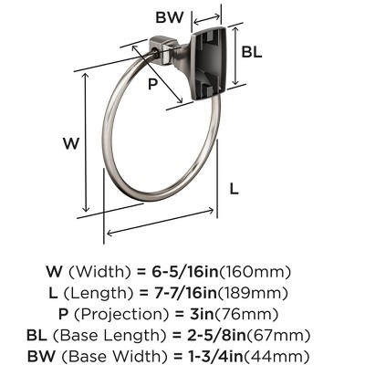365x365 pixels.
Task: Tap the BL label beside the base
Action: coord(252,52)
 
